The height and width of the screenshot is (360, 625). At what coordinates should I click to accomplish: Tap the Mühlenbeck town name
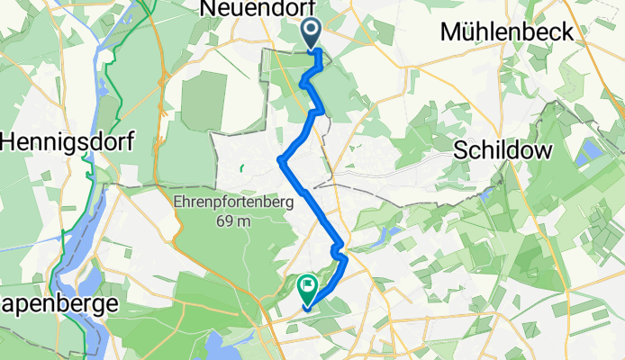(x=507, y=32)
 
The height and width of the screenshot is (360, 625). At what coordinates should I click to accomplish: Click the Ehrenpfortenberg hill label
(x=232, y=203)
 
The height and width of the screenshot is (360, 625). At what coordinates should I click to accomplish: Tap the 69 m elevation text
(x=231, y=221)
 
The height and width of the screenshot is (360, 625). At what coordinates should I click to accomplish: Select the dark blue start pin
(x=312, y=33)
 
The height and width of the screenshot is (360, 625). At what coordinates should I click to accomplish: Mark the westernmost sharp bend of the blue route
(x=281, y=162)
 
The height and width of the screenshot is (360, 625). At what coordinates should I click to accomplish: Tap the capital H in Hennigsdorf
(x=11, y=142)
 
